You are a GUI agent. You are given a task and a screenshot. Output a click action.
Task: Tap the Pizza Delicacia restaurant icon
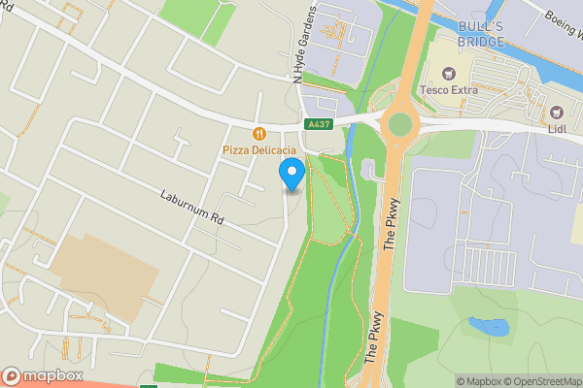tap(258, 134)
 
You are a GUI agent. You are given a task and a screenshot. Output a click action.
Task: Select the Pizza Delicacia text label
tap(258, 150)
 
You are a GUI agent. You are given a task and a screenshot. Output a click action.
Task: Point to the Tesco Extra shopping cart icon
tap(449, 74)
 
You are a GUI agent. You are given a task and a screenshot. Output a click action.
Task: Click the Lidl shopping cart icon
tap(557, 113)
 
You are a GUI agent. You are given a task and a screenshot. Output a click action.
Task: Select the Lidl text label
tap(557, 130)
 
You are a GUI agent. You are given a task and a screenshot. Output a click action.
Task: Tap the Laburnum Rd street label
tap(192, 207)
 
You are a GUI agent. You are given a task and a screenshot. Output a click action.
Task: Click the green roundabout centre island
tap(398, 123)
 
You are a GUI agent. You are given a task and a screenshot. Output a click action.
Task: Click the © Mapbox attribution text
tap(479, 381)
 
